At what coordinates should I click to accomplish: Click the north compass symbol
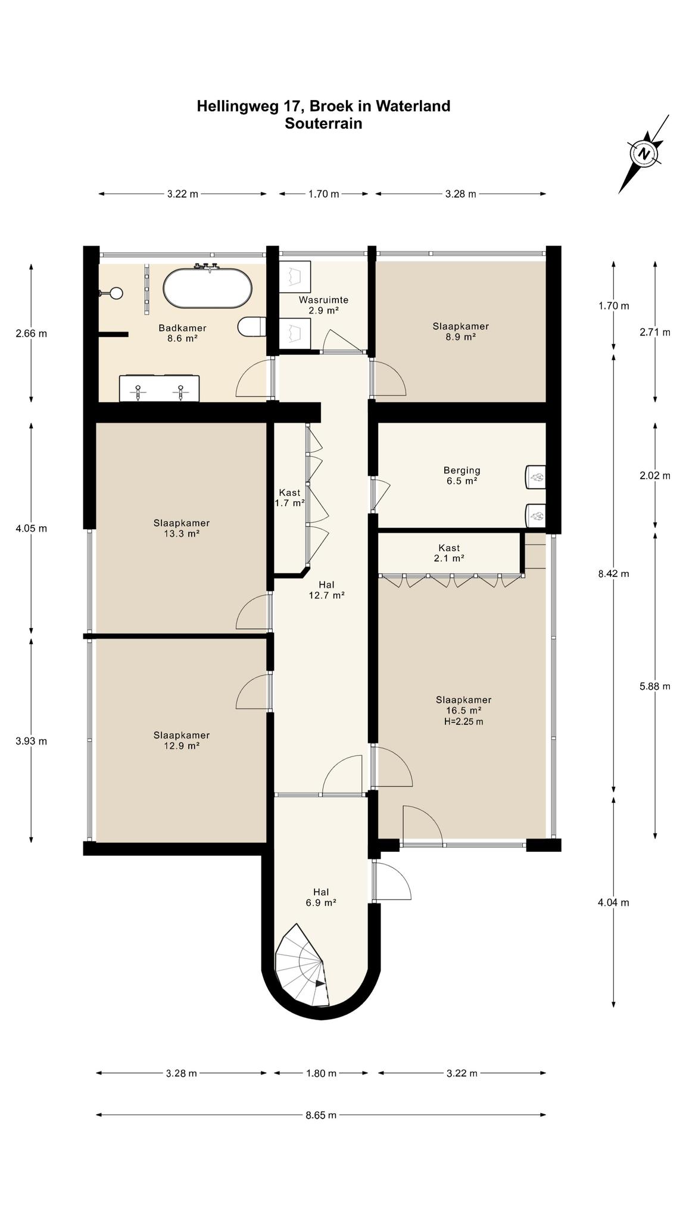click(644, 154)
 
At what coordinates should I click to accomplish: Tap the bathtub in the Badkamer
click(207, 288)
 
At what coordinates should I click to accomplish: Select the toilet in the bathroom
click(251, 327)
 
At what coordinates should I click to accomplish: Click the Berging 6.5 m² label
click(462, 476)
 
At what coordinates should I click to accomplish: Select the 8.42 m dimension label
click(613, 574)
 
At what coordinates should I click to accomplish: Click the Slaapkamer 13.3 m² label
click(182, 529)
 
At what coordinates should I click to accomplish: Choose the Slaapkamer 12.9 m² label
click(182, 740)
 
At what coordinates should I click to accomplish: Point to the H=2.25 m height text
click(463, 722)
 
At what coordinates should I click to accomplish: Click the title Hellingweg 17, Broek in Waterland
click(323, 106)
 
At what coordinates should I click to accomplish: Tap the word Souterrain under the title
click(323, 124)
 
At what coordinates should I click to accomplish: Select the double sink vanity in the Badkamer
click(159, 388)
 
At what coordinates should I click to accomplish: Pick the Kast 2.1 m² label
click(449, 553)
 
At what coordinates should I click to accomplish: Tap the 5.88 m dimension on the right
click(655, 686)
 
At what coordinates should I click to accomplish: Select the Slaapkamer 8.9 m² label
click(461, 332)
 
